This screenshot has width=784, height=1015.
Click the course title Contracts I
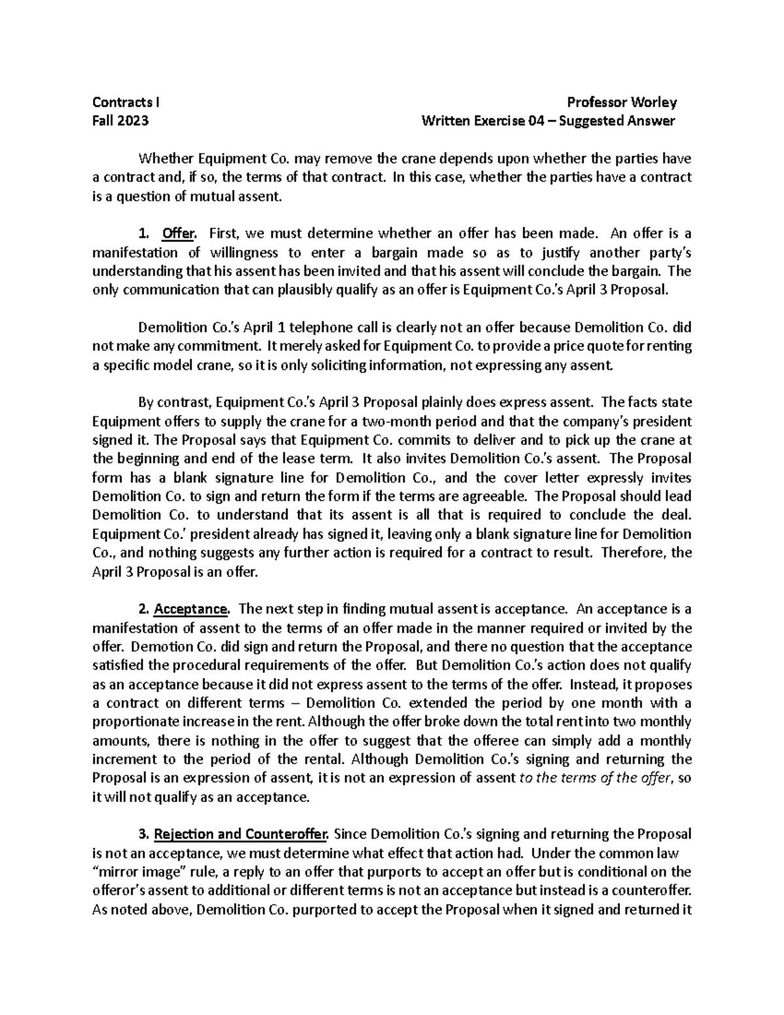125,102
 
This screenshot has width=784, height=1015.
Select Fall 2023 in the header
120,121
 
